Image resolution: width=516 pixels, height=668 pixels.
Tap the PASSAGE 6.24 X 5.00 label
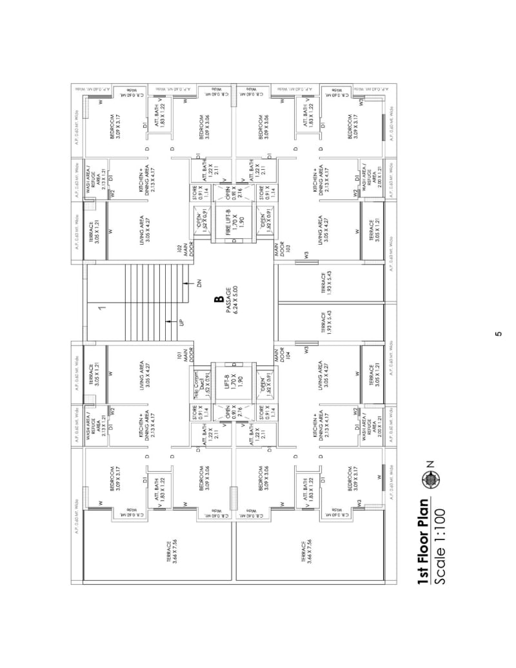click(x=232, y=299)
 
